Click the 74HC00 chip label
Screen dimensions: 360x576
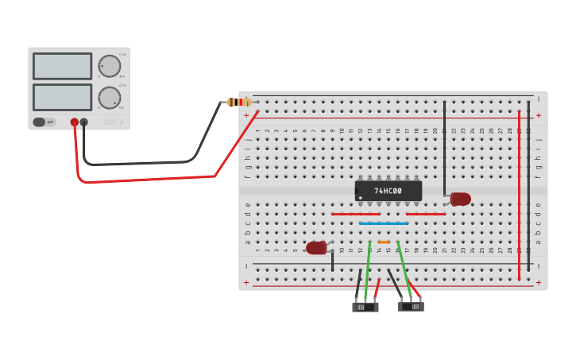coord(388,191)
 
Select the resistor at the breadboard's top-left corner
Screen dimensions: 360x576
coord(239,102)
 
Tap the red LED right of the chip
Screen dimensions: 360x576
coord(460,199)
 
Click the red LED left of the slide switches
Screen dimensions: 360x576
coord(316,248)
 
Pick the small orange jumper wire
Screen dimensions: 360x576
coord(384,242)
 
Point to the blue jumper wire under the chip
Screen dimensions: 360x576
coord(384,223)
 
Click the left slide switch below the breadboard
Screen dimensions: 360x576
coord(365,307)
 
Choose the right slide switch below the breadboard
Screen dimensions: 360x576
coord(411,306)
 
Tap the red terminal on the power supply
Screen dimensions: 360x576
coord(74,122)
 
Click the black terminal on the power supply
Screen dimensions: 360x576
coord(83,122)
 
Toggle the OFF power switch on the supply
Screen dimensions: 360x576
coord(44,122)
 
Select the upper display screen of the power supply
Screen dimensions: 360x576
coord(63,66)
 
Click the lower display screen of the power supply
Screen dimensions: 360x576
coord(63,97)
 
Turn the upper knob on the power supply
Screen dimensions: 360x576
coord(110,66)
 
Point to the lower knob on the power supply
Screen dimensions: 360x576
coord(110,98)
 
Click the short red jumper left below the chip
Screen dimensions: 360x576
coord(355,214)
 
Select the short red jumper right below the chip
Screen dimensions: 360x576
coord(426,214)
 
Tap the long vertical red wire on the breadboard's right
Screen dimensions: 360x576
coord(519,195)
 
